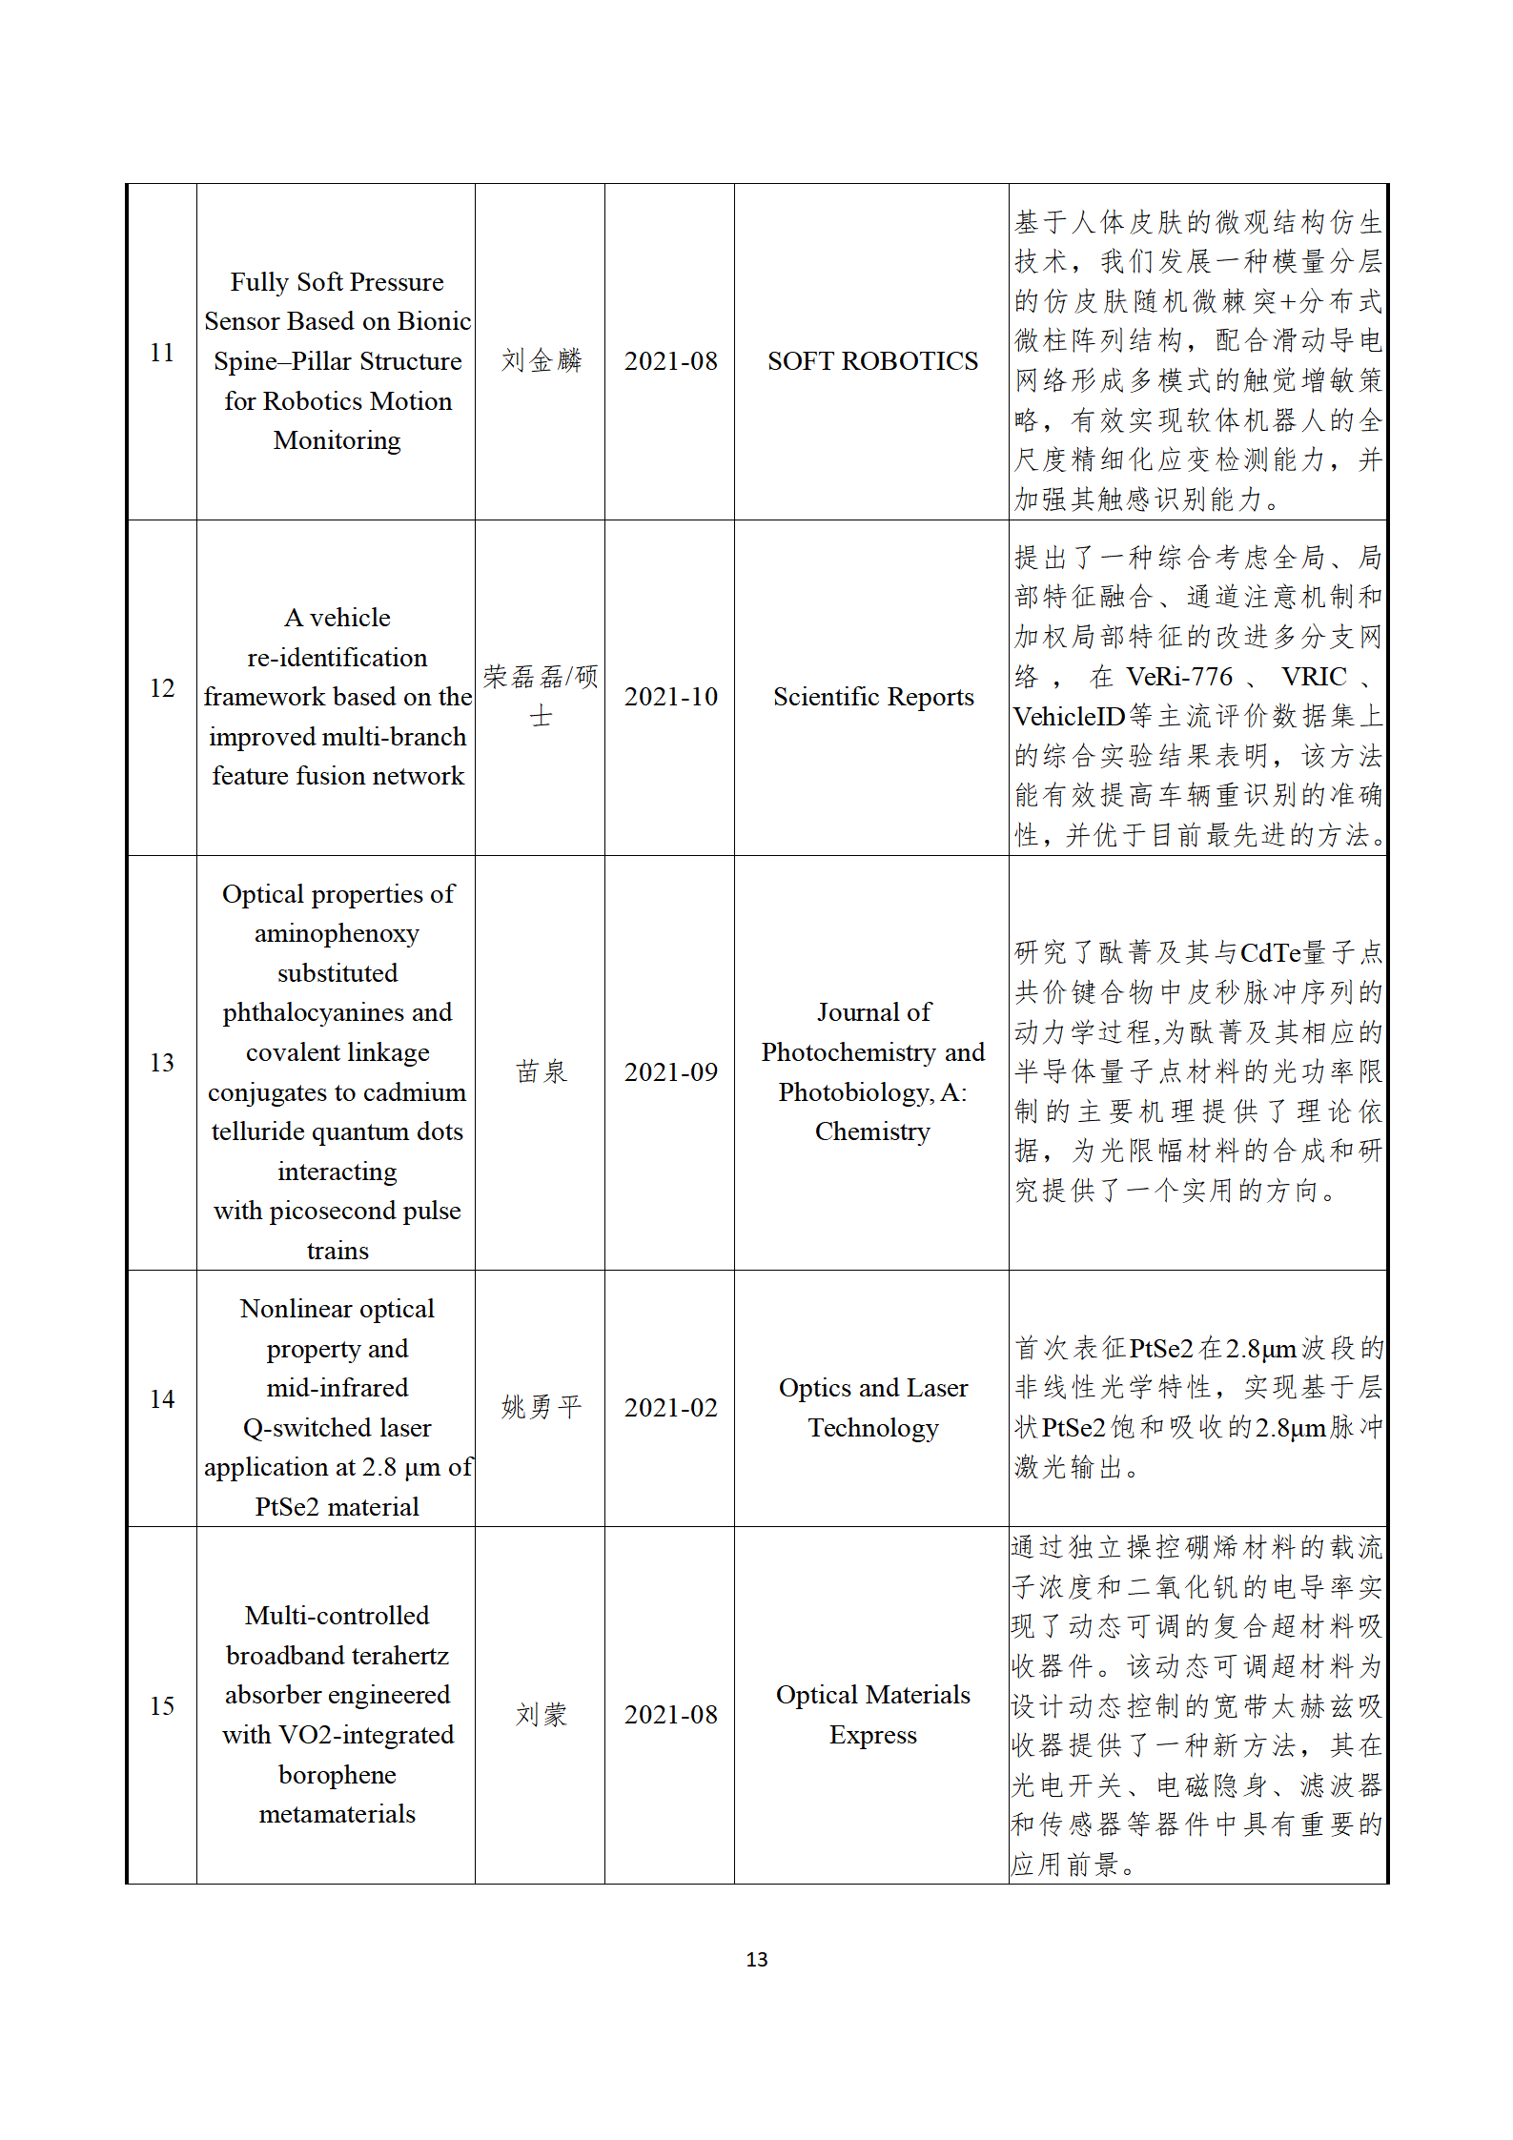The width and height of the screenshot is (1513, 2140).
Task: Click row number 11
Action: click(162, 353)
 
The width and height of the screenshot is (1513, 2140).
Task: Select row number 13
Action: click(162, 1062)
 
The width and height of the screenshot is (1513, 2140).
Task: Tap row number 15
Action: click(162, 1705)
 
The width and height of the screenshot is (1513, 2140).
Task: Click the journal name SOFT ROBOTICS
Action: click(872, 361)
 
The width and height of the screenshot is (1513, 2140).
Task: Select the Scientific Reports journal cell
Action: click(872, 697)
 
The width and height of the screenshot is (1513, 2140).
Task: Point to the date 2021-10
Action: click(670, 697)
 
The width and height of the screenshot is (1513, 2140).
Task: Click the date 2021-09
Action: click(670, 1072)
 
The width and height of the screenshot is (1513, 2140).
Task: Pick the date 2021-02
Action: click(670, 1408)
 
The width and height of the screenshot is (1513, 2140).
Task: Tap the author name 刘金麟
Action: click(541, 360)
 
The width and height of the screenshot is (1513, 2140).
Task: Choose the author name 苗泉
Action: click(541, 1071)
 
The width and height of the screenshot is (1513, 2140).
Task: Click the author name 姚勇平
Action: click(541, 1407)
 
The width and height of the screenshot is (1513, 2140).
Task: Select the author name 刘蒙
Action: click(541, 1715)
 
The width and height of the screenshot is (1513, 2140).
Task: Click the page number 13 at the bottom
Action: click(757, 1959)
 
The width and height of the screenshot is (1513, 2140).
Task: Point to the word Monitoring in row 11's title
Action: click(337, 440)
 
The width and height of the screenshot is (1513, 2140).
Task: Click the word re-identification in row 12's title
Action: click(337, 658)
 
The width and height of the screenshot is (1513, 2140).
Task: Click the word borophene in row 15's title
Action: click(337, 1775)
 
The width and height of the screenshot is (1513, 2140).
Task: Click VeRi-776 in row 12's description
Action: click(1179, 677)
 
